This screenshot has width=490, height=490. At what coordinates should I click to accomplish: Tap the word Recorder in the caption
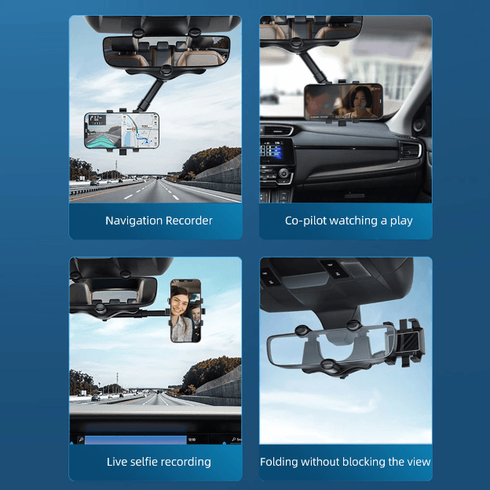(x=188, y=221)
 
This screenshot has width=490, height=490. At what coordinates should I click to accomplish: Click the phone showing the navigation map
(x=123, y=131)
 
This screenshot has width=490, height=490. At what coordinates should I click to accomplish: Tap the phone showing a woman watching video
(x=343, y=103)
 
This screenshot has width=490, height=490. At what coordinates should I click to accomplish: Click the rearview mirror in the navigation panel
(x=166, y=53)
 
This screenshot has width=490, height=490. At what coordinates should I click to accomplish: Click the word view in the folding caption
(x=417, y=462)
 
